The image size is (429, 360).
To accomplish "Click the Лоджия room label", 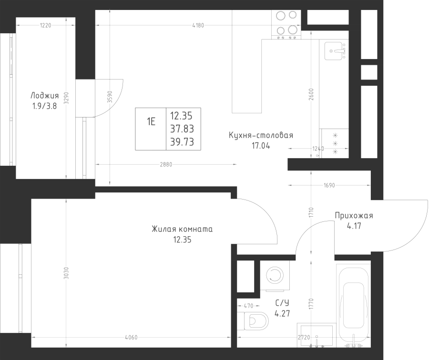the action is tap(45, 96).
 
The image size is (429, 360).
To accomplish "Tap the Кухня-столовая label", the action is tap(261, 135).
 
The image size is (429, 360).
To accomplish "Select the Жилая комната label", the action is tap(182, 229).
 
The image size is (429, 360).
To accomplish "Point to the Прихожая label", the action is tap(354, 216).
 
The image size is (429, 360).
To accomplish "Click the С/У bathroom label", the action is tap(282, 303).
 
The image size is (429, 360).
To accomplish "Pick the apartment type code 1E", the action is tap(151, 121).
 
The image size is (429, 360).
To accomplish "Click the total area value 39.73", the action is tap(182, 142).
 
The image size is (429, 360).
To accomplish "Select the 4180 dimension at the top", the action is tap(198, 25).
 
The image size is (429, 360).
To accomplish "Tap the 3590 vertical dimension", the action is tap(110, 97).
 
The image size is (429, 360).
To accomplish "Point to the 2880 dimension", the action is tap(166, 165).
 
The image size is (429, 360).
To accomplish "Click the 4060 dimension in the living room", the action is tap(131, 338).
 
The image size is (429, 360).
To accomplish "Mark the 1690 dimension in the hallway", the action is tap(329, 185).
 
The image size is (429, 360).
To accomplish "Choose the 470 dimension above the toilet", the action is tap(248, 306).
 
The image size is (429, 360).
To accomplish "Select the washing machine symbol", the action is tap(275, 275).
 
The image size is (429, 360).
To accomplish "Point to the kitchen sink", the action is tap(335, 51).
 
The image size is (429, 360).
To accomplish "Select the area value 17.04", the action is tap(261, 146).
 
